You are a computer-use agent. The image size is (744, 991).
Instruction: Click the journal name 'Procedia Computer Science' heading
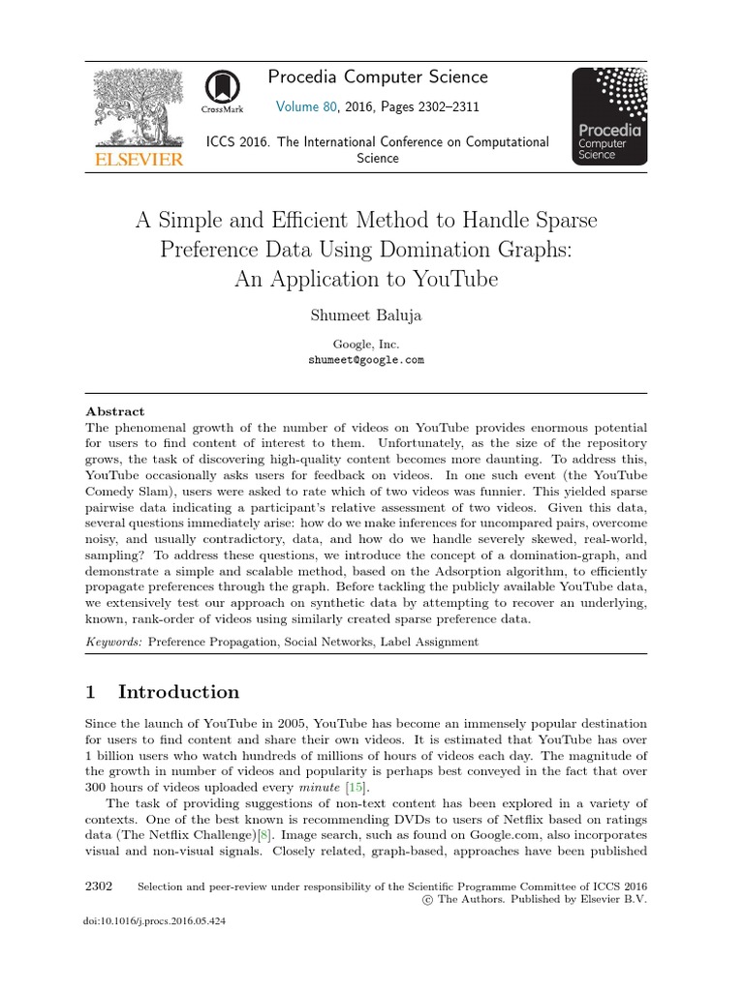[x=379, y=76]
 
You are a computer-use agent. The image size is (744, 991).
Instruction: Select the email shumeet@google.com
[x=365, y=359]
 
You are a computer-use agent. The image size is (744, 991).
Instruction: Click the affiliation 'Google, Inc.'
[x=365, y=343]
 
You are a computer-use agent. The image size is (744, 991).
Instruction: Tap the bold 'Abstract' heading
[x=115, y=410]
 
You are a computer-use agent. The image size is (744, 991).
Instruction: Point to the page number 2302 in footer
[x=99, y=886]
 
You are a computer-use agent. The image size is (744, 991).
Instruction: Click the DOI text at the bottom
[x=156, y=922]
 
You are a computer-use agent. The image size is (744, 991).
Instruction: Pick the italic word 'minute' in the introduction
[x=323, y=788]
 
